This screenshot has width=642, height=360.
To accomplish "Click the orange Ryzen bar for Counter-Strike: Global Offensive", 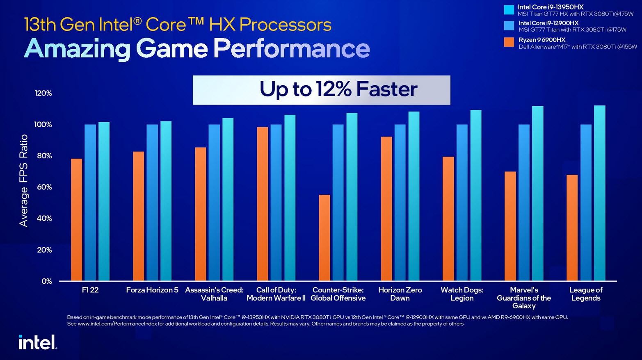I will pos(324,238).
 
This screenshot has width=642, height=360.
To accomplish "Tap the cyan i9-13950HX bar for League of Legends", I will pos(599,193).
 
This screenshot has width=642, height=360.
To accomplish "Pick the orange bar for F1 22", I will pos(76,220).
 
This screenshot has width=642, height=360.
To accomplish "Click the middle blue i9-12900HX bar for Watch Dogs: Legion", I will pos(462,203).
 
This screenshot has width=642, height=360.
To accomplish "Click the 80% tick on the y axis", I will pos(43,156).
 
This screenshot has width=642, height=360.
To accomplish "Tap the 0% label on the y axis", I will pos(47,281).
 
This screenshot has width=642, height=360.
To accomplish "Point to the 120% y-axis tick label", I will pos(43,93).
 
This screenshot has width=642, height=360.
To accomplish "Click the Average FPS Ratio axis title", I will pos(24,180).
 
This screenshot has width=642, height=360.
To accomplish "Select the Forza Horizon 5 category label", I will pos(152,290).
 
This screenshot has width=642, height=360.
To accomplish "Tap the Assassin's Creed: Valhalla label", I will pos(214,294).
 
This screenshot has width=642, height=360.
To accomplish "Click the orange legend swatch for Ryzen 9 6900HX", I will pos(509,42).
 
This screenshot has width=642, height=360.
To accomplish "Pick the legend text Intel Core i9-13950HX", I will pos(551,7).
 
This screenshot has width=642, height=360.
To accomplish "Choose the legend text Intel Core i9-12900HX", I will pos(548,23).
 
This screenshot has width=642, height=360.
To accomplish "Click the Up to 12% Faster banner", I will pos(321,90).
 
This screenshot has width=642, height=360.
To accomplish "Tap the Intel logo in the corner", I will pos(37,342).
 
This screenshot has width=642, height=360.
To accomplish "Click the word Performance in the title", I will pos(291,48).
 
